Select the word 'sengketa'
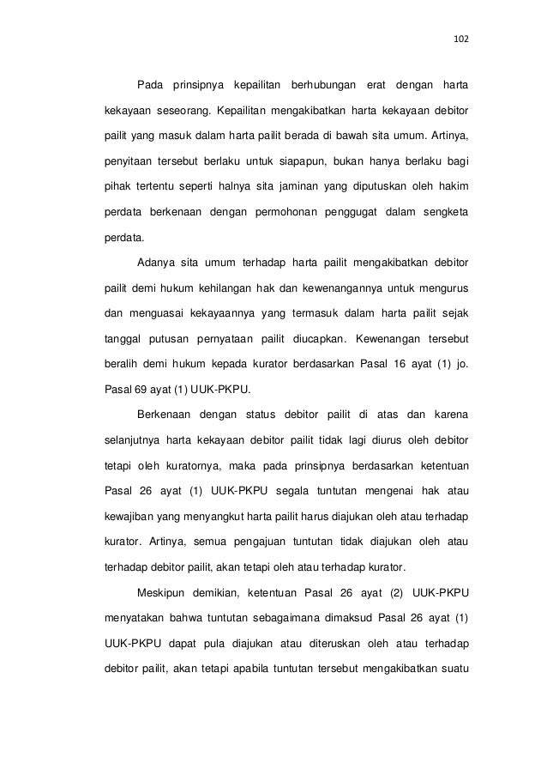tap(445, 210)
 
